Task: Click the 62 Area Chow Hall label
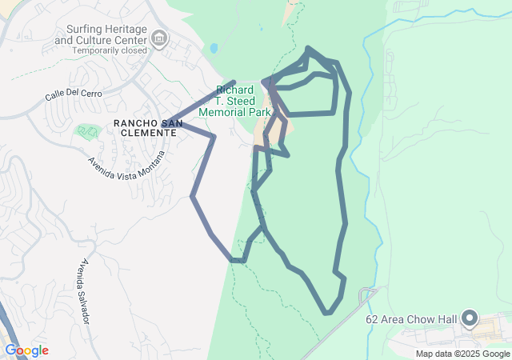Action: [411, 320]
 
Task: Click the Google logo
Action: [26, 350]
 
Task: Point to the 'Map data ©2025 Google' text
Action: [462, 354]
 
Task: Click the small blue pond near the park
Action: [214, 48]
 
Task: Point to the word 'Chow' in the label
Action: [424, 320]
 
